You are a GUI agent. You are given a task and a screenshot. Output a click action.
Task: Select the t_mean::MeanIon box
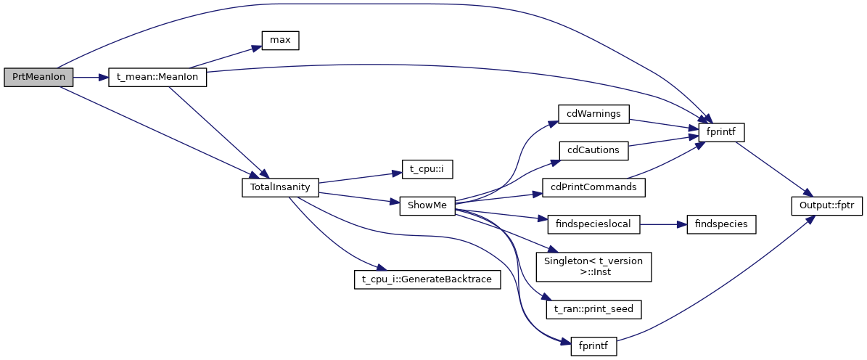pos(157,78)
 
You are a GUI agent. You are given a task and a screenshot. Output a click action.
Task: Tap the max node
pos(280,41)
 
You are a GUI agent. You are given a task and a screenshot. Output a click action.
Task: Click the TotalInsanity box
pos(280,187)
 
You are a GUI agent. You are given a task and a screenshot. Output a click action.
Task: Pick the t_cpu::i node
pos(427,168)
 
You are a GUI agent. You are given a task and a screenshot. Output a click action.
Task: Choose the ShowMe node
pos(427,205)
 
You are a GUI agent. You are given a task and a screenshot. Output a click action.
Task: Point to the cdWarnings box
pos(593,113)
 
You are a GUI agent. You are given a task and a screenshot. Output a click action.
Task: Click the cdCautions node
pos(593,150)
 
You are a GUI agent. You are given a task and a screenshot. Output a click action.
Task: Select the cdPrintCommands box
pos(593,187)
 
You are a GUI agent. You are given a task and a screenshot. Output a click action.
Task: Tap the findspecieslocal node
pos(593,224)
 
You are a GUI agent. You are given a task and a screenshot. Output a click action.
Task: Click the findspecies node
pos(716,224)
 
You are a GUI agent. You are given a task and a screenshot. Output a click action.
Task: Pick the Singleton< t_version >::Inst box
pos(593,266)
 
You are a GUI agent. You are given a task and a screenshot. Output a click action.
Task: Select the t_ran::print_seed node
pos(593,309)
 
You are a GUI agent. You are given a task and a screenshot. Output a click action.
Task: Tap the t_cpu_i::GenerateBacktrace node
pos(427,279)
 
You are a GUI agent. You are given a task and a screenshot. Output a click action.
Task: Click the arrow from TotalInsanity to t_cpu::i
pos(356,178)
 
